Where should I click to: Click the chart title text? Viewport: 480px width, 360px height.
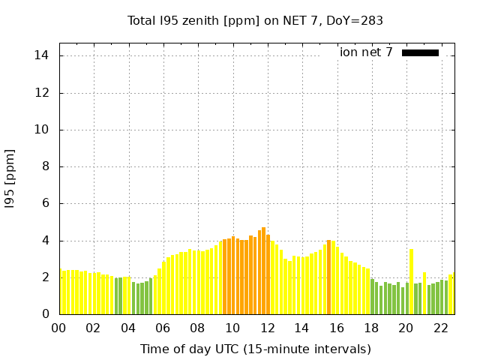tap(255, 21)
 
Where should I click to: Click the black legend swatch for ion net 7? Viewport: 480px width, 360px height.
tap(420, 52)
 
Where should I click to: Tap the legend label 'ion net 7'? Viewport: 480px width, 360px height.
tap(366, 52)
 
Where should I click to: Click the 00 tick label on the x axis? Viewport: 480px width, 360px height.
tap(58, 328)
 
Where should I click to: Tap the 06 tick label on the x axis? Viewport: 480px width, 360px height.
tap(163, 328)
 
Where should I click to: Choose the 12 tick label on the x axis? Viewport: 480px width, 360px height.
tap(267, 328)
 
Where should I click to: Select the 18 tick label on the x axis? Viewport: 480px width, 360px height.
tap(371, 328)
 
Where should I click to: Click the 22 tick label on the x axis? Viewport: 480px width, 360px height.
tap(441, 328)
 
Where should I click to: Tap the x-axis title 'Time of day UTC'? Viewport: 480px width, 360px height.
tap(256, 349)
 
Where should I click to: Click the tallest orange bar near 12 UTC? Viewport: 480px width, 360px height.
tap(264, 271)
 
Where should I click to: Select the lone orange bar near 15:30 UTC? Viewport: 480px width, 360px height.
tap(328, 277)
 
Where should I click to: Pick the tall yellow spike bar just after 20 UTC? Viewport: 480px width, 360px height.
tap(411, 281)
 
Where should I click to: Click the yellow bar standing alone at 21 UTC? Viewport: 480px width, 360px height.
tap(424, 293)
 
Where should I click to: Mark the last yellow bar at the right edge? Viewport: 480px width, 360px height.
tap(451, 295)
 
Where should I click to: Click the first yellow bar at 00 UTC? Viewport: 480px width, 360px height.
tap(61, 292)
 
